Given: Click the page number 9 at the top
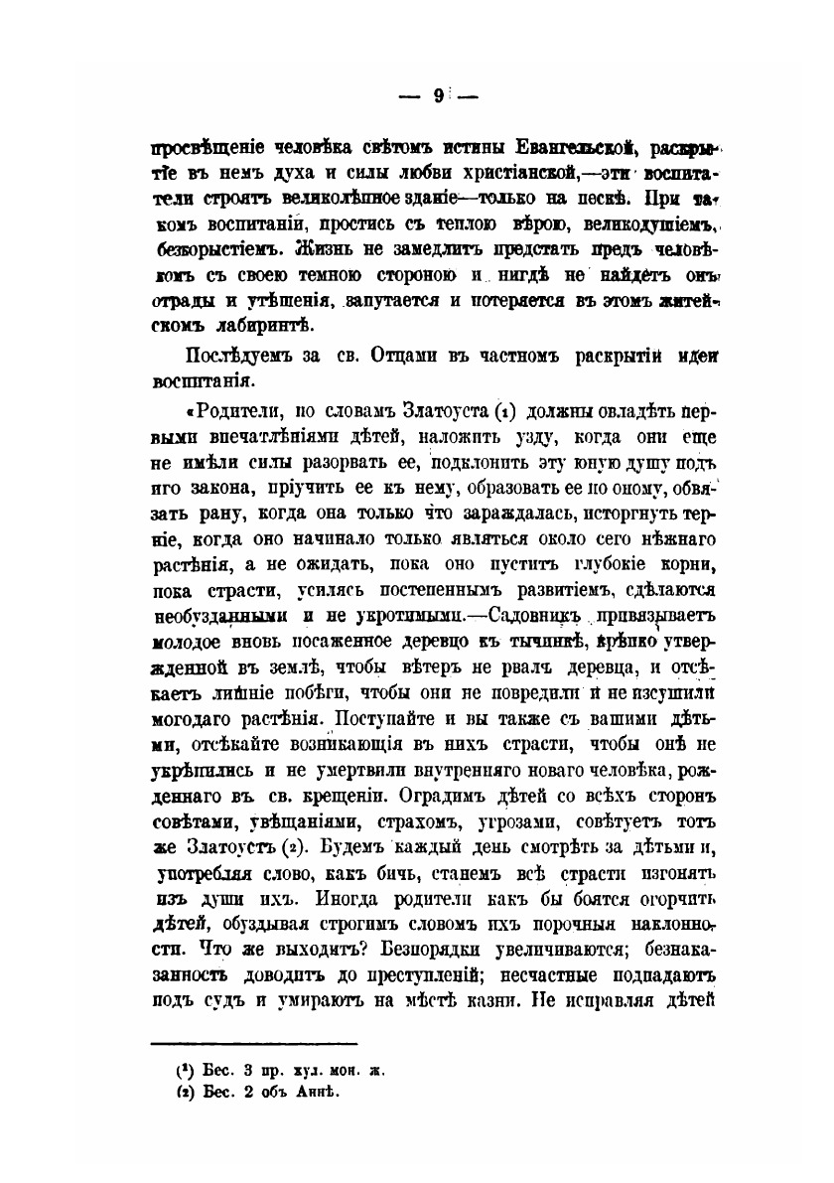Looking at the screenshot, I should click(x=437, y=96).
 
